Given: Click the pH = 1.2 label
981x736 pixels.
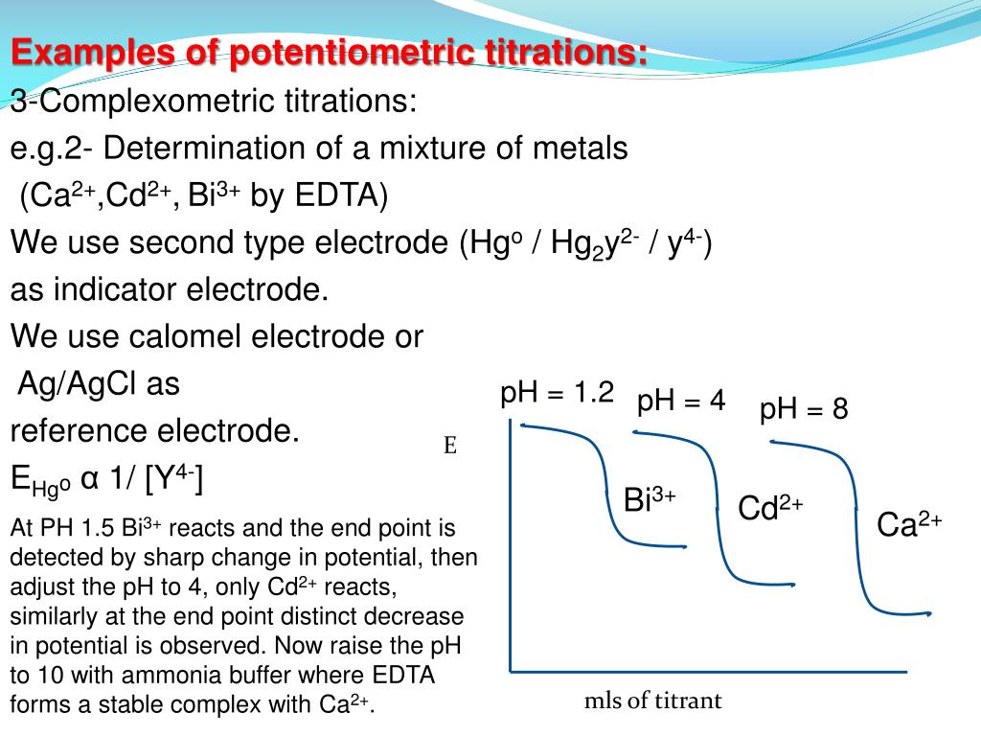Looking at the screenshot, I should pos(557,394).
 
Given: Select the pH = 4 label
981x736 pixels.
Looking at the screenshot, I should pos(681,401).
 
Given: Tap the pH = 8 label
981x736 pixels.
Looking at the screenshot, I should pos(804,410).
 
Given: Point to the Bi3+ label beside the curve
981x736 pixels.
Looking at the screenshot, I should pos(650,500).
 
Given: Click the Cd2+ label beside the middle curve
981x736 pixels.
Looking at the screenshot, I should pos(770,508).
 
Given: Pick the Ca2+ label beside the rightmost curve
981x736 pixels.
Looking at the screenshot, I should pos(910,524).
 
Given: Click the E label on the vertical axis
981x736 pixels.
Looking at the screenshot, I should pos(449,446).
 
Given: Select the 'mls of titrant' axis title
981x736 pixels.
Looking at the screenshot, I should pos(652,701).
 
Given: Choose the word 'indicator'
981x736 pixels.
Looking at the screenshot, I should pos(113,289).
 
